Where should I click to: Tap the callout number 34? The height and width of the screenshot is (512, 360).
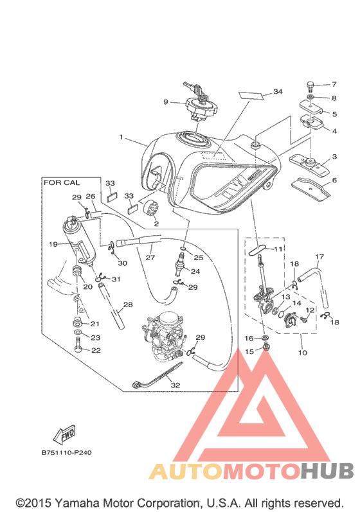pyautogui.click(x=278, y=92)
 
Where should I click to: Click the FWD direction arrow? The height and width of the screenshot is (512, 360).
pyautogui.click(x=64, y=435)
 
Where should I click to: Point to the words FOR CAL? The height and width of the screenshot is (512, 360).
pyautogui.click(x=62, y=182)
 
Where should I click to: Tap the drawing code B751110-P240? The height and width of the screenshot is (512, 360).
pyautogui.click(x=67, y=453)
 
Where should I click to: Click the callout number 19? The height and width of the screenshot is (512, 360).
pyautogui.click(x=53, y=244)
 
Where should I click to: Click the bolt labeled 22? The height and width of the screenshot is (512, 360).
pyautogui.click(x=78, y=344)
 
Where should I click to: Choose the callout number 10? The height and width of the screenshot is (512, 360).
pyautogui.click(x=303, y=353)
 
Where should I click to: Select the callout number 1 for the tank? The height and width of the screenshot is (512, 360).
pyautogui.click(x=122, y=137)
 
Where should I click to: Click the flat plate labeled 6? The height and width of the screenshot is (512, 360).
pyautogui.click(x=310, y=189)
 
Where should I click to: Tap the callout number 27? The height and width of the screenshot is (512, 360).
pyautogui.click(x=150, y=258)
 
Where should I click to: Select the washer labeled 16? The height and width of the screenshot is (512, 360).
pyautogui.click(x=265, y=337)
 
